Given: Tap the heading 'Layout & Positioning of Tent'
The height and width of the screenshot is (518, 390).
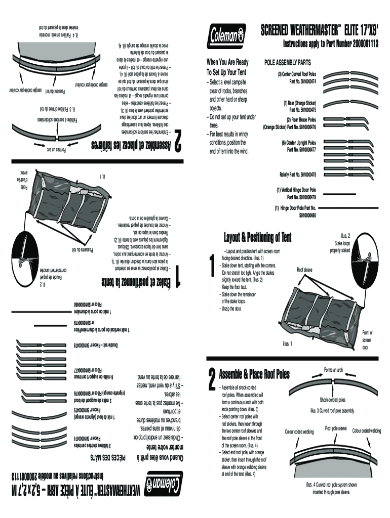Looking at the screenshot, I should (258, 237).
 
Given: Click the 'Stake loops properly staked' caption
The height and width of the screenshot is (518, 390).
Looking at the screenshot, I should (340, 243).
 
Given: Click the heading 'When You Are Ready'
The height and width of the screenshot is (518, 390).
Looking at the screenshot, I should (227, 62).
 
